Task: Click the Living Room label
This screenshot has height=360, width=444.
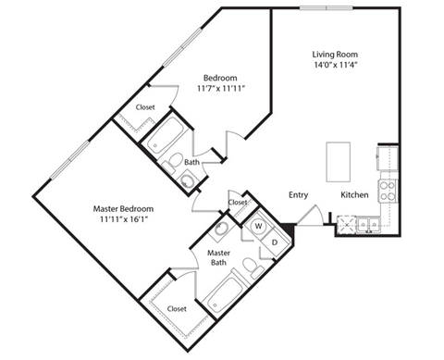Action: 334,53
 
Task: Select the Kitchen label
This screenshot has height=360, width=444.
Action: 355,194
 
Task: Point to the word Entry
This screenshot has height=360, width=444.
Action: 298,194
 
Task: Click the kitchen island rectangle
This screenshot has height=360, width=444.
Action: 340,163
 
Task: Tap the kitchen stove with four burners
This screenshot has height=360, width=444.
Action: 388,190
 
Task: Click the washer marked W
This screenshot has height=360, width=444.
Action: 258,225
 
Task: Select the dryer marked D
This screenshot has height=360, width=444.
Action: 275,242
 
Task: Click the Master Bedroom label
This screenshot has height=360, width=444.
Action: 123,209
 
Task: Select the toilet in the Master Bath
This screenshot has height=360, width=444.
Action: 250,268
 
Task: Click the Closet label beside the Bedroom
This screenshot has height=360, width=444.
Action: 145,106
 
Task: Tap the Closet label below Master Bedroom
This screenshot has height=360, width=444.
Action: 179,308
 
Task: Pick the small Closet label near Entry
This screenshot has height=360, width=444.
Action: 238,201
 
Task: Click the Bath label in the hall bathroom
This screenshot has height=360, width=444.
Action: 191,162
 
